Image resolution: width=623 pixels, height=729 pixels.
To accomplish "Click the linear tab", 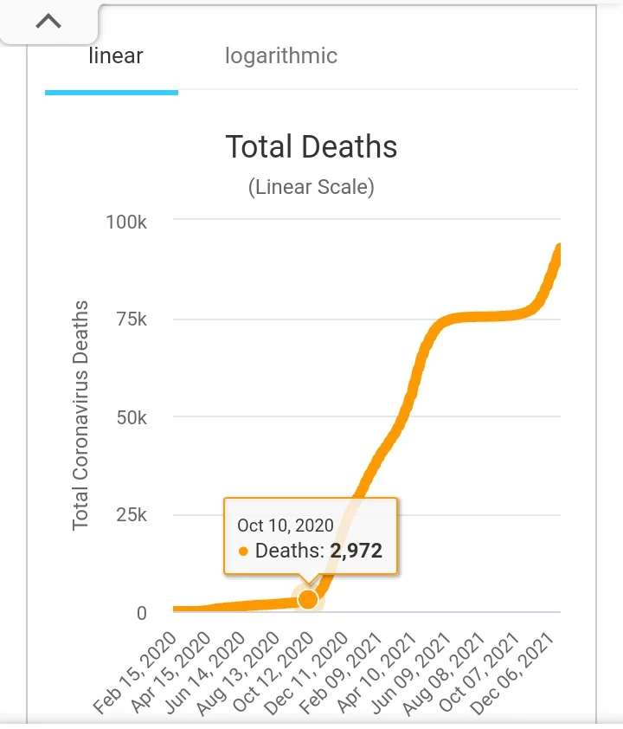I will (x=116, y=57).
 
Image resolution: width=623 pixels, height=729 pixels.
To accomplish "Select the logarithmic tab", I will (x=281, y=57).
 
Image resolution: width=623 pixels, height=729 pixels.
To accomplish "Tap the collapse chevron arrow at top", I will (x=48, y=22).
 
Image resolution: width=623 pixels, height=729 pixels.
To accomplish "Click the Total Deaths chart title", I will (x=311, y=146).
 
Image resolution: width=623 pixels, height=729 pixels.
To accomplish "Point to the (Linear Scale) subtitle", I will (x=311, y=187).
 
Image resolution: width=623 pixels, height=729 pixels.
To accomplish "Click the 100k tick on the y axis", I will (x=126, y=222).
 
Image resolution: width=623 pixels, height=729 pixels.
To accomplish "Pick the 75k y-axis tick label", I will (x=131, y=319).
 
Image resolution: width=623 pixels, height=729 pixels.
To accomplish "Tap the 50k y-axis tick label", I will (x=131, y=417).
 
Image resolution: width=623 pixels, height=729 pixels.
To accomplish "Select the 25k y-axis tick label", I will (x=131, y=515).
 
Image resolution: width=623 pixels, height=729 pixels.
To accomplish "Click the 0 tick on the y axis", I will (x=141, y=613).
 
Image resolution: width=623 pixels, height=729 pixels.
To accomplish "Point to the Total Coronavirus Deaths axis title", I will (x=80, y=416).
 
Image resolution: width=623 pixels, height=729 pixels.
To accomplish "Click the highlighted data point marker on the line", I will (x=307, y=599).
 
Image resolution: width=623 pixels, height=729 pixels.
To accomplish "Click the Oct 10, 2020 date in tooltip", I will (x=286, y=526).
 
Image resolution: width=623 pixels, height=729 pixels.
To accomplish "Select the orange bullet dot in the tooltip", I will (x=243, y=551).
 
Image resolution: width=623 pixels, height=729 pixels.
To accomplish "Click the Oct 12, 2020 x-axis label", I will (x=277, y=671).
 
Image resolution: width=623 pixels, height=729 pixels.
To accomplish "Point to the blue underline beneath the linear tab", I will (x=112, y=92).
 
